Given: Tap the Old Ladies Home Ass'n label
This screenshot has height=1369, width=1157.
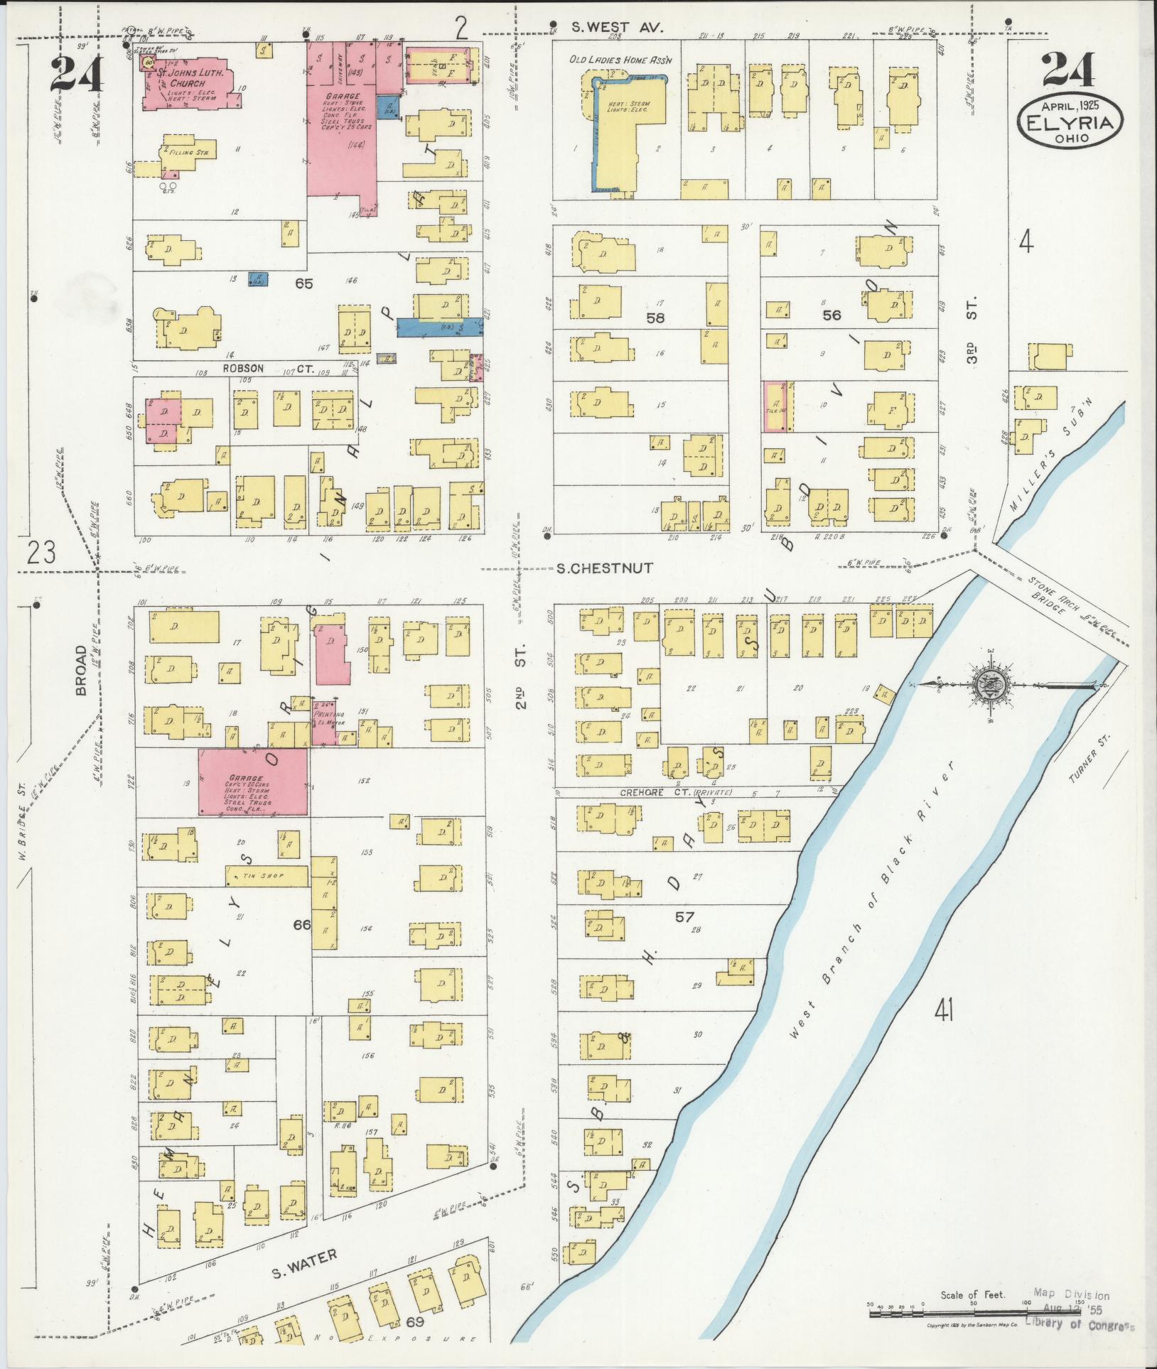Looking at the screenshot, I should coord(620,60).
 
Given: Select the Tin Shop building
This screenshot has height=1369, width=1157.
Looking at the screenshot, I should coord(267,876).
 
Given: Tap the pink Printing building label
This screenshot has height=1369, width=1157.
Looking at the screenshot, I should coord(329,714).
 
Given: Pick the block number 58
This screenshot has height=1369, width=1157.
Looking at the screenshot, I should coord(655,318).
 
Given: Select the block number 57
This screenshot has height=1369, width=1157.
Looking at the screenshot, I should coord(684,917).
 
